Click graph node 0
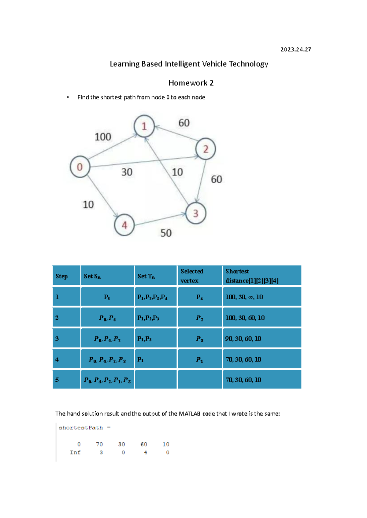(80, 167)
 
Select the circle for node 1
(144, 126)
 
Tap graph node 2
(206, 149)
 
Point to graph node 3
(196, 213)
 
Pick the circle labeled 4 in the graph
(124, 225)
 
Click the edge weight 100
(103, 137)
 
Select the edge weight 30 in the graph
(127, 172)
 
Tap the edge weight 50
(166, 233)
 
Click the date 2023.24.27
(295, 49)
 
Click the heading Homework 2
(191, 83)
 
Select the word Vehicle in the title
(215, 64)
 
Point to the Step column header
(61, 276)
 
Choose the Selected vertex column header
(192, 276)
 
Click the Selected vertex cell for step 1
(199, 297)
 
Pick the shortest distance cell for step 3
(243, 338)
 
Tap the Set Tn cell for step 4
(140, 359)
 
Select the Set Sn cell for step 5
(107, 380)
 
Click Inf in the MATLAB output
(75, 452)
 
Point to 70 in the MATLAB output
(99, 444)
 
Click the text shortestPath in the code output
(81, 428)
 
